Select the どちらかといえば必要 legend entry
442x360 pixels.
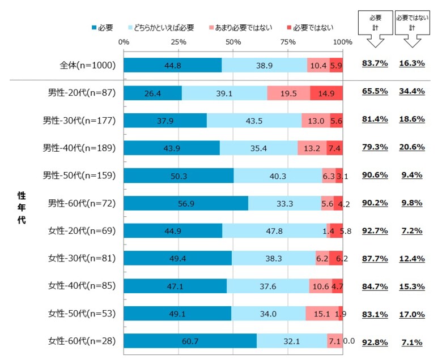[x=165, y=27]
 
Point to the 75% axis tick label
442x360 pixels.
[x=288, y=42]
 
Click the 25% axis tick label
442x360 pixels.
[x=178, y=42]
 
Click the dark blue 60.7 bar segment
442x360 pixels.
[x=190, y=341]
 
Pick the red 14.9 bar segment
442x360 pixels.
[x=326, y=92]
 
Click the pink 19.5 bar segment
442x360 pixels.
[x=288, y=92]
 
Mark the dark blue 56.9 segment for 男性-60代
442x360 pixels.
[x=186, y=203]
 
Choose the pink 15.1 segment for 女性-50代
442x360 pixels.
[x=322, y=314]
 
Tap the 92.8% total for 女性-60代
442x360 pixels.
[x=375, y=341]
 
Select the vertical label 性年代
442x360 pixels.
[x=21, y=207]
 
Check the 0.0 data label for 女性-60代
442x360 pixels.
[x=349, y=341]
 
